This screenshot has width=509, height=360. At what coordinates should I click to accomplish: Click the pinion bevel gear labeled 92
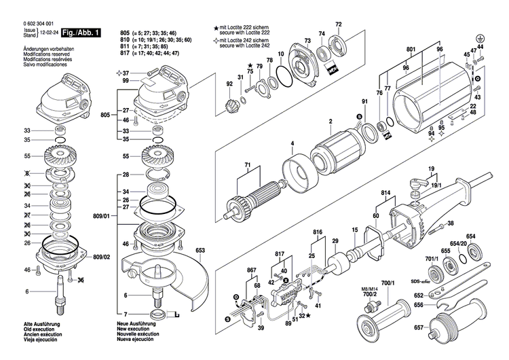click(x=233, y=107)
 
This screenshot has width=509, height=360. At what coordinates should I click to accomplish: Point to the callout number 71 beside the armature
click(x=248, y=166)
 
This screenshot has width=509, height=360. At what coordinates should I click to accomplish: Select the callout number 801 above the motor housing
click(x=411, y=49)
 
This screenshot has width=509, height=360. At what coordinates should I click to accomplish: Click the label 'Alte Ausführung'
click(x=24, y=325)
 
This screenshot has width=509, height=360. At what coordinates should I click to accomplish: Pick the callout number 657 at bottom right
click(x=419, y=327)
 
